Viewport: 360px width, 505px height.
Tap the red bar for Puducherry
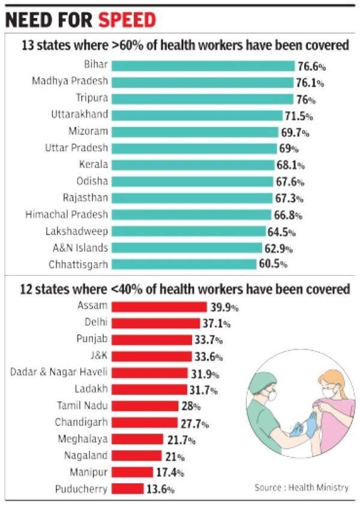tap(128, 489)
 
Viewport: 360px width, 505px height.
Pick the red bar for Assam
tap(159, 306)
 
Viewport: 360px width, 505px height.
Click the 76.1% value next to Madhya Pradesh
tap(311, 82)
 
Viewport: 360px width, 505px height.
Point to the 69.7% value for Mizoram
tap(296, 132)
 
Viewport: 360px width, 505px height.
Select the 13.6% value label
tap(161, 489)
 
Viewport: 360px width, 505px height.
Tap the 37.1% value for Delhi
tap(216, 323)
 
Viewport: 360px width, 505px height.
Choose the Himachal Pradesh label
tap(67, 214)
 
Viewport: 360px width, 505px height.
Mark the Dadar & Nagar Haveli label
tap(59, 372)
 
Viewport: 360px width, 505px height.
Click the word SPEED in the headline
tap(127, 21)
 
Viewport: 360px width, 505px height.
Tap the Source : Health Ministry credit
tap(301, 487)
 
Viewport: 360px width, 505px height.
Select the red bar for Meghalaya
tap(137, 439)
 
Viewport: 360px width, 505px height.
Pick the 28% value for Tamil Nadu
tap(187, 406)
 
